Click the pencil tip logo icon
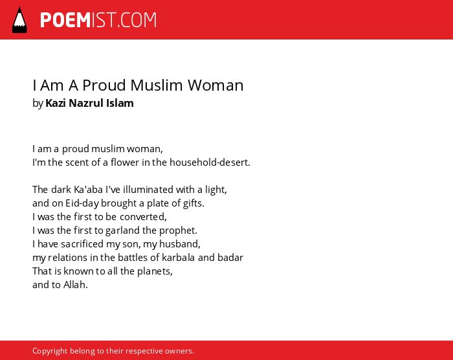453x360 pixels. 19,20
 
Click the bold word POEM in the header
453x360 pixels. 65,20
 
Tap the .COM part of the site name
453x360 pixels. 137,20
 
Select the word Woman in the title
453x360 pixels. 215,85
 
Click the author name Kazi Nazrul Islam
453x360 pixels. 89,103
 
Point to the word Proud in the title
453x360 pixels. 104,85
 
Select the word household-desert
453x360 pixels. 210,163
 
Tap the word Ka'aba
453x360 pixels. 89,190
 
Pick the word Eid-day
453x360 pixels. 82,203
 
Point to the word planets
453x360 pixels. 155,271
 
